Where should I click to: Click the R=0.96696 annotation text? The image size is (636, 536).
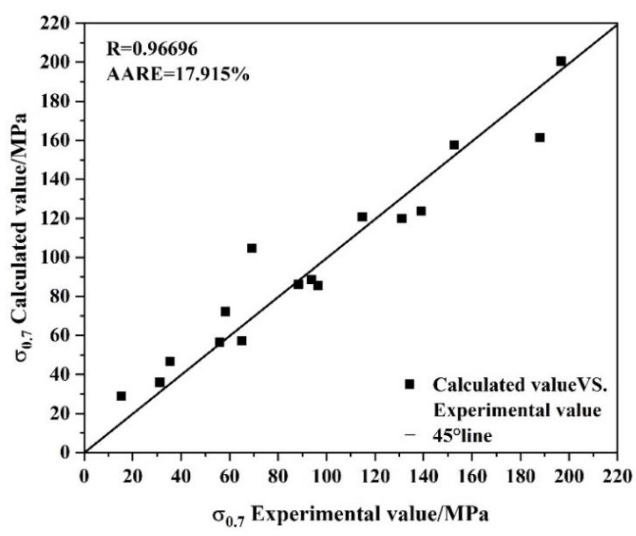152,50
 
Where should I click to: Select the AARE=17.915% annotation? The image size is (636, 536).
178,75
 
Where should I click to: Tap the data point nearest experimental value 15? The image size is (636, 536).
121,396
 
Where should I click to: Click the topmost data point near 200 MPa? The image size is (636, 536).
561,61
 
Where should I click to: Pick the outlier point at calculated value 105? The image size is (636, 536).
252,248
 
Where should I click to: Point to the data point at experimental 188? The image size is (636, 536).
540,138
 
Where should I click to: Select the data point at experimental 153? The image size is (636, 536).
454,145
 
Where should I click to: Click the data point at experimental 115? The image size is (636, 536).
362,217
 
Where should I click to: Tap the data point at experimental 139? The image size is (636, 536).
421,211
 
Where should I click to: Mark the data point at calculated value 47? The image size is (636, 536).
170,361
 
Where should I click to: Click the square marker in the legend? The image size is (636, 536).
410,384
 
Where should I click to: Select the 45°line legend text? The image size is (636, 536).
462,436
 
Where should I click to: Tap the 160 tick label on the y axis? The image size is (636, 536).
58,141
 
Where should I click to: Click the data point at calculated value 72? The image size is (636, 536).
225,312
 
